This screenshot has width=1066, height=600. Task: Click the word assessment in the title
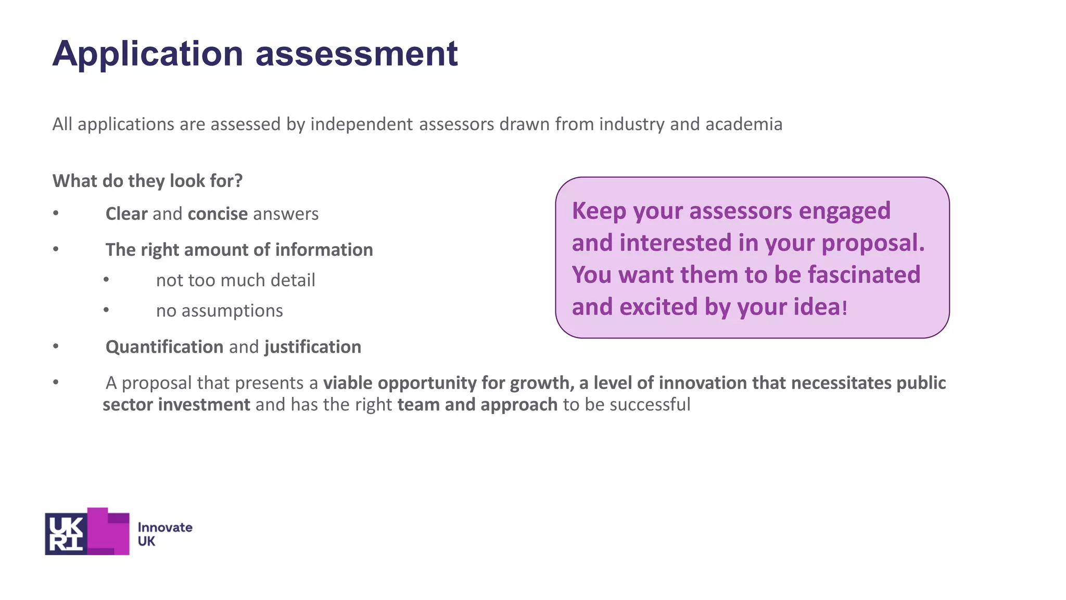(357, 54)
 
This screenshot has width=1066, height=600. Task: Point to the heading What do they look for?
(148, 181)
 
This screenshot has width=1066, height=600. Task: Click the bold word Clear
(126, 214)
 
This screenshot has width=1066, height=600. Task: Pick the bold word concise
(218, 214)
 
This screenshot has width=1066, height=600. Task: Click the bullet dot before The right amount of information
(56, 249)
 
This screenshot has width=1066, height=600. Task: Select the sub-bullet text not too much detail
(235, 280)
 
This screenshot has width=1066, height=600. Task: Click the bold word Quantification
(164, 347)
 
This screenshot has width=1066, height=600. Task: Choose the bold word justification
(313, 347)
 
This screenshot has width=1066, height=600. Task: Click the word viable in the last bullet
(348, 383)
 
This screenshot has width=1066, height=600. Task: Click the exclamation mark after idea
(845, 308)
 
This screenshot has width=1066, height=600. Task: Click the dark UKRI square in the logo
(66, 534)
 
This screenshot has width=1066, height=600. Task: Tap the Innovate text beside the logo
(165, 528)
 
